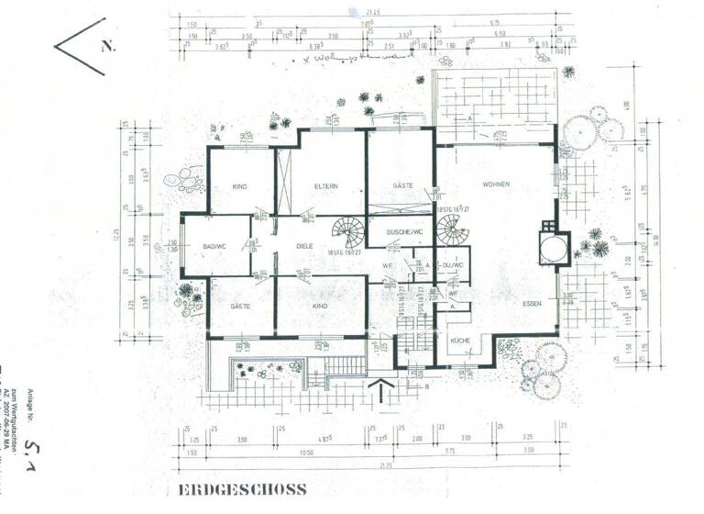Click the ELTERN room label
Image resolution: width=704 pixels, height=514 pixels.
325,186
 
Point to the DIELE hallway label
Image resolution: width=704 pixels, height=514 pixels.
305,246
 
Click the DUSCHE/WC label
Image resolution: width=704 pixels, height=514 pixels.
402,232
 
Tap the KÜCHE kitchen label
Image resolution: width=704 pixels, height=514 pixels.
459,340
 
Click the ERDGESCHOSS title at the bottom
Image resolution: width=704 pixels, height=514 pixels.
243,490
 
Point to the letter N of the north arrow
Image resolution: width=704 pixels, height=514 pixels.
107,45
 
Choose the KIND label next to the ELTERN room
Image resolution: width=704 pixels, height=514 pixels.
240,187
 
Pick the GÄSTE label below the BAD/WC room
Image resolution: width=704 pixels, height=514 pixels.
240,306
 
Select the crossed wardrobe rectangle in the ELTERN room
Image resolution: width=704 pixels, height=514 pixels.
283,184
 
